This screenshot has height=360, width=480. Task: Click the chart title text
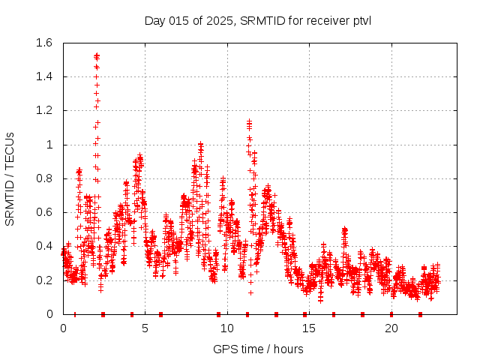pos(257,20)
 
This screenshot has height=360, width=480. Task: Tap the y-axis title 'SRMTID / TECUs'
pos(10,178)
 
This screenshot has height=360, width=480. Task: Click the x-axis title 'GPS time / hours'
pos(257,349)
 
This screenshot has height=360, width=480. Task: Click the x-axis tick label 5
pos(145,328)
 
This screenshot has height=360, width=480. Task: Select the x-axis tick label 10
pos(227,328)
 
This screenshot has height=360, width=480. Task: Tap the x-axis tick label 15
pos(309,328)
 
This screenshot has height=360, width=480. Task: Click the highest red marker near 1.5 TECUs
pos(97,55)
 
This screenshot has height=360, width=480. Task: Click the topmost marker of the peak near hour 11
pos(249,120)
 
